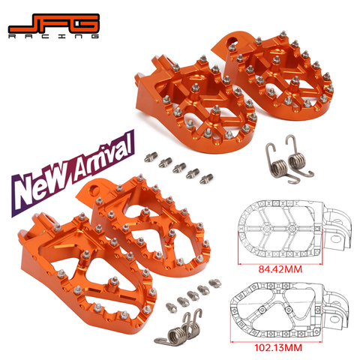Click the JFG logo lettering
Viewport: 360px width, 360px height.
tap(54, 23)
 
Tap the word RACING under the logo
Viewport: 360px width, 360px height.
tap(53, 37)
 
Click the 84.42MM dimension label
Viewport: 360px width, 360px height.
tap(280, 269)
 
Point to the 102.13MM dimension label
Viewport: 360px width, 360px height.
tap(278, 347)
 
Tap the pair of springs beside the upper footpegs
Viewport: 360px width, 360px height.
tap(289, 160)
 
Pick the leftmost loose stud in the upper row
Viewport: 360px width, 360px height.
tap(151, 157)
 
